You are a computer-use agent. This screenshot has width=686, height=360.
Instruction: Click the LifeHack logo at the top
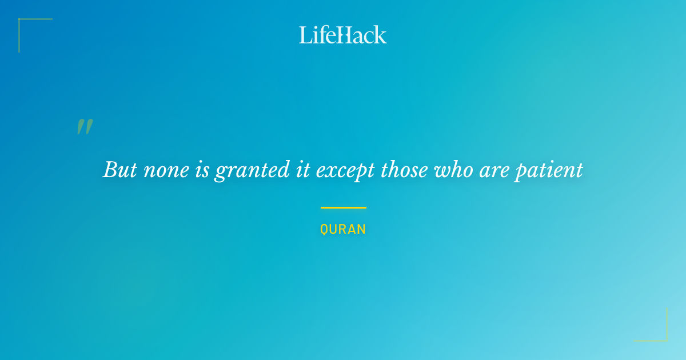(x=342, y=35)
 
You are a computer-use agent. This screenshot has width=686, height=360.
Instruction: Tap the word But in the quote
(x=120, y=169)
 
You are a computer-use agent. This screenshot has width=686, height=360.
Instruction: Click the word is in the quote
(x=202, y=170)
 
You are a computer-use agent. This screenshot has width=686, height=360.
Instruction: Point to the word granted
(x=252, y=171)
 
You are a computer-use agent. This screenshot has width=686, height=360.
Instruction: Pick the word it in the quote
(x=303, y=170)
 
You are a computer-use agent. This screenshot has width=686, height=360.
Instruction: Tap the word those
(x=404, y=169)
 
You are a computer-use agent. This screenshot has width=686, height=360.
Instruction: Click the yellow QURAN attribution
(x=343, y=229)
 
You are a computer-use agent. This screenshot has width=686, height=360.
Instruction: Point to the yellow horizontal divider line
(x=344, y=207)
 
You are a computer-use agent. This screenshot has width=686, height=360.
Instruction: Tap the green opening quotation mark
(x=85, y=126)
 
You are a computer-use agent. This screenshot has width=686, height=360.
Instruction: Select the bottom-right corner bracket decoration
(x=667, y=341)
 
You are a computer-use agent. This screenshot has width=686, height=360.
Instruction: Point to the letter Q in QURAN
(x=324, y=230)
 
